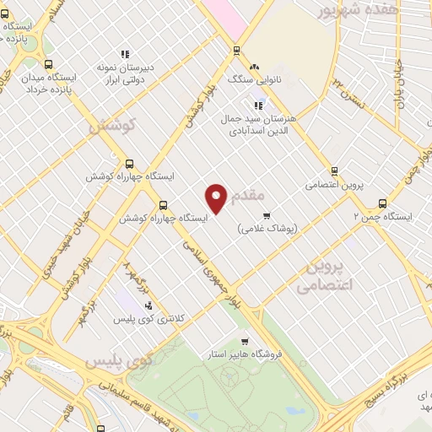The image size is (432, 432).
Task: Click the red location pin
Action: pos(218,199)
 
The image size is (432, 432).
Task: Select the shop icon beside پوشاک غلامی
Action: pos(267,216)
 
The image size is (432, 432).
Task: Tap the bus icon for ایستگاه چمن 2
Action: pos(382,202)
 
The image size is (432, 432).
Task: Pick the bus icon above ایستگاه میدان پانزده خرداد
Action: pos(49,63)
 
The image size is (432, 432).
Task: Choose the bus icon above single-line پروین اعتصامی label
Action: pos(335,170)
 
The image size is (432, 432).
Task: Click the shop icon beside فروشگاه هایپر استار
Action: pos(245,342)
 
